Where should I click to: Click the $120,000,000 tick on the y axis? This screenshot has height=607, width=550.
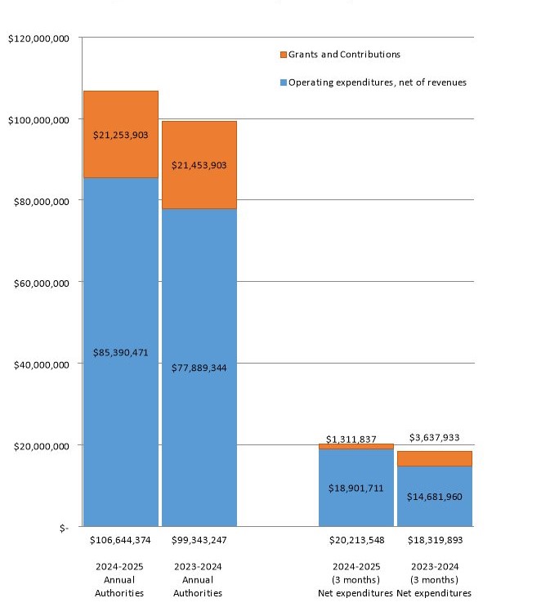tap(38, 38)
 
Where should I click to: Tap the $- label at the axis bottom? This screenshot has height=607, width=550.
tap(63, 526)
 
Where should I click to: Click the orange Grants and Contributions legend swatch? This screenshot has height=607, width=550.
tap(283, 55)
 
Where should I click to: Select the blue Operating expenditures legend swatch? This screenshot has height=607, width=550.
tap(283, 83)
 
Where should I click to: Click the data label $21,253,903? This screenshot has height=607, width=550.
tap(121, 135)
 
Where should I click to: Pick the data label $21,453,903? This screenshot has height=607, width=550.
tap(199, 165)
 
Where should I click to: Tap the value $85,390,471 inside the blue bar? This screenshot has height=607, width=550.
tap(121, 353)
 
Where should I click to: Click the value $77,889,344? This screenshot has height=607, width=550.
tap(199, 368)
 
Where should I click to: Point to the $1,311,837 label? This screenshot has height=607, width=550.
tap(356, 439)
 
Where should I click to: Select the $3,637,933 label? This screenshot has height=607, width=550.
tap(434, 438)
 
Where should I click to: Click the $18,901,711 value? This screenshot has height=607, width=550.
tap(356, 488)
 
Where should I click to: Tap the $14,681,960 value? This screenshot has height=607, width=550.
tap(434, 496)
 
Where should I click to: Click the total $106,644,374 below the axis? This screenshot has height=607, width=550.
tap(121, 541)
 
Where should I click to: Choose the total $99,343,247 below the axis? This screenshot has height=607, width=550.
tap(199, 541)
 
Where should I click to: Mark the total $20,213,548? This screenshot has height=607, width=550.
tap(356, 541)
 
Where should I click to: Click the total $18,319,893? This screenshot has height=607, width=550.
tap(434, 541)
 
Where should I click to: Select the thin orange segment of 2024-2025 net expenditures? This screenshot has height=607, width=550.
tap(356, 447)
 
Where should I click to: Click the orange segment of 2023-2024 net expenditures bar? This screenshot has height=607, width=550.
tap(434, 458)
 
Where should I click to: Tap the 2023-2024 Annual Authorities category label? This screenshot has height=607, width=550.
tap(199, 580)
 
